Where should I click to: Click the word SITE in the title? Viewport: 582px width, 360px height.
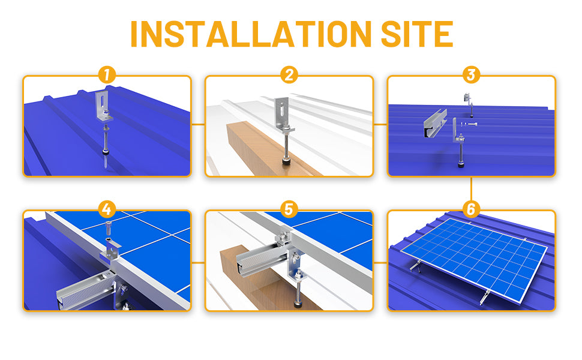[417, 34]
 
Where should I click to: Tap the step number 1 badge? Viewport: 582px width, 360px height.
[107, 76]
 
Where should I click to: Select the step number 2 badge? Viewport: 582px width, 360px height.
[289, 76]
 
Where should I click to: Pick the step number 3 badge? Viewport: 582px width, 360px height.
[472, 76]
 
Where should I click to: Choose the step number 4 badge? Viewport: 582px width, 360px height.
[107, 209]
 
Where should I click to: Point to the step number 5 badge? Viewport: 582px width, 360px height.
[289, 209]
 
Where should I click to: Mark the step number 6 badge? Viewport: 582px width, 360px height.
[472, 209]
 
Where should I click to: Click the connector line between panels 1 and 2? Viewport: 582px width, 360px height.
[198, 124]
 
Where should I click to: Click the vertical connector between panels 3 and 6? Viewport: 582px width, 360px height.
[472, 189]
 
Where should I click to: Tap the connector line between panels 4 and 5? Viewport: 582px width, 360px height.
[198, 263]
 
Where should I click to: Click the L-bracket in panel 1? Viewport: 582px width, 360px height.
[103, 106]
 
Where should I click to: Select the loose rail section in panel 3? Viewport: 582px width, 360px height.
[435, 123]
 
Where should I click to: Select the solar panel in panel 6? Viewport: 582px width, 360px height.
[475, 259]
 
